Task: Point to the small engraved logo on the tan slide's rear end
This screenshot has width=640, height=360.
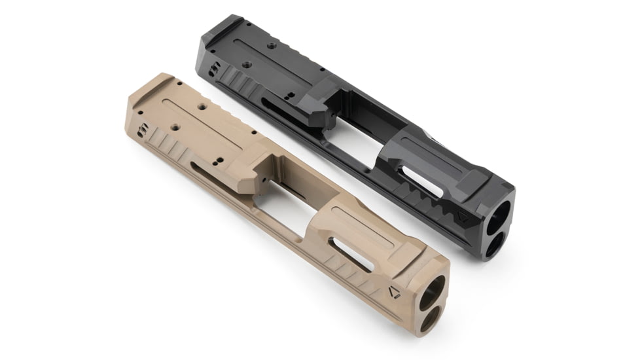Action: (x=143, y=131)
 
